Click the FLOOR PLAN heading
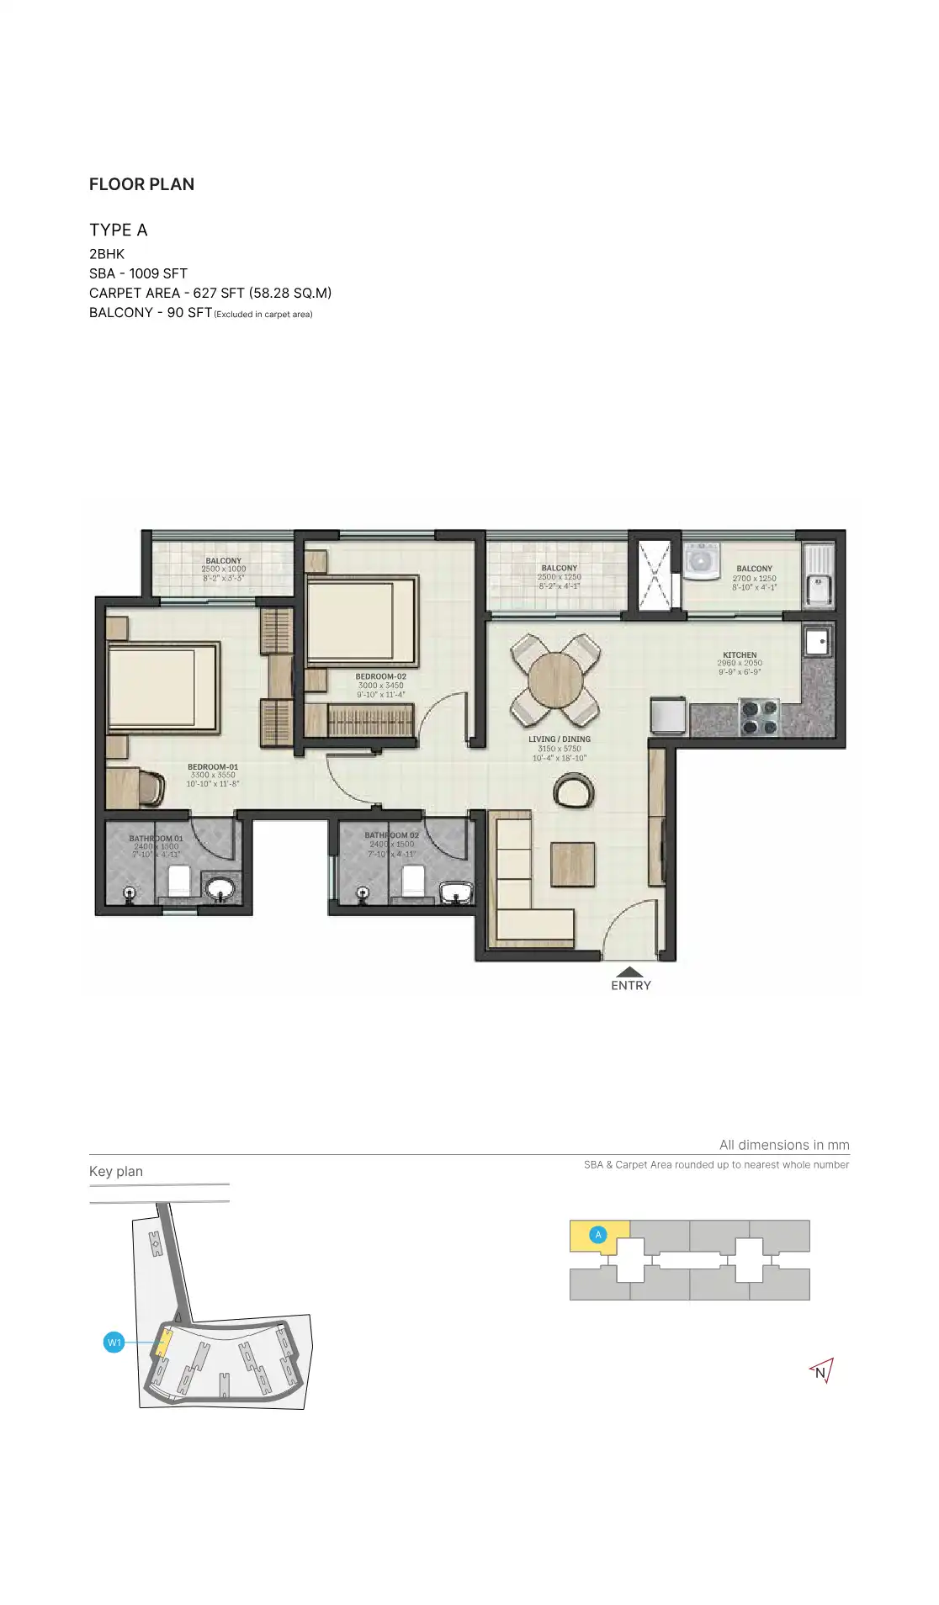point(141,184)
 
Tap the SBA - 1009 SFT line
point(138,273)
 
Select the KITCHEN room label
point(740,654)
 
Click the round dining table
point(555,680)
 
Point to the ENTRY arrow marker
point(630,972)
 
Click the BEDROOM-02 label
point(380,676)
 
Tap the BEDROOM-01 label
point(213,766)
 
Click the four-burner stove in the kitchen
point(759,717)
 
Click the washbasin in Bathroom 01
point(221,888)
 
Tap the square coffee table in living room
point(573,864)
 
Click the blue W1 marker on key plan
point(114,1343)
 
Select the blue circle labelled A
point(598,1235)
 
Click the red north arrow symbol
point(821,1372)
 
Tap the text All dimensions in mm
point(783,1145)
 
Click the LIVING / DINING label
point(560,739)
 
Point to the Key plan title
point(116,1171)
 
